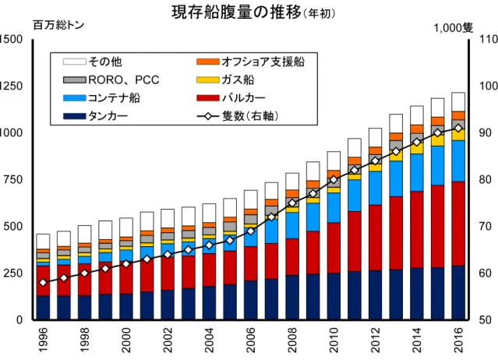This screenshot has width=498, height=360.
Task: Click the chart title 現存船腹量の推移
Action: [236, 12]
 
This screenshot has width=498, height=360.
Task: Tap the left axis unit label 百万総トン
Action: [58, 26]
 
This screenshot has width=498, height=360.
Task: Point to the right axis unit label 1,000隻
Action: [454, 28]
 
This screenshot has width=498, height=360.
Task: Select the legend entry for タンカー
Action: [95, 116]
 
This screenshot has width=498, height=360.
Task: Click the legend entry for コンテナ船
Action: [101, 98]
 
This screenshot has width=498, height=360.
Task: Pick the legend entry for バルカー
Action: [231, 98]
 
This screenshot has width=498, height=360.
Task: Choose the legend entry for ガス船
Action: [225, 79]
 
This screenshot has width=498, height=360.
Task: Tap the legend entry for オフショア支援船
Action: [250, 62]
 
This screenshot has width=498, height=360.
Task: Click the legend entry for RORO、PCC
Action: [111, 79]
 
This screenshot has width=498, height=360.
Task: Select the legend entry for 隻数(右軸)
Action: [238, 116]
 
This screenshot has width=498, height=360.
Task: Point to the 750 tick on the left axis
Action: [13, 179]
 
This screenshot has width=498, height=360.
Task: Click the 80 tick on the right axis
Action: [485, 179]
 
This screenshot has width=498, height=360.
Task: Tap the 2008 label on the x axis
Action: [292, 340]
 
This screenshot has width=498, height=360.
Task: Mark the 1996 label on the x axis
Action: [43, 340]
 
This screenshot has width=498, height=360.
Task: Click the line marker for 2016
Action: [458, 129]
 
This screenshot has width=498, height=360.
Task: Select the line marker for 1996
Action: [43, 283]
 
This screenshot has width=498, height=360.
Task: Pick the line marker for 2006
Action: [251, 231]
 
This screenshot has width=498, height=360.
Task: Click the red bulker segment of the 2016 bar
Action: [458, 224]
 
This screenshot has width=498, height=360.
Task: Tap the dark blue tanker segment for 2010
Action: [334, 297]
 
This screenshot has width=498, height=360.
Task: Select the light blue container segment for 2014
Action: [417, 173]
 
